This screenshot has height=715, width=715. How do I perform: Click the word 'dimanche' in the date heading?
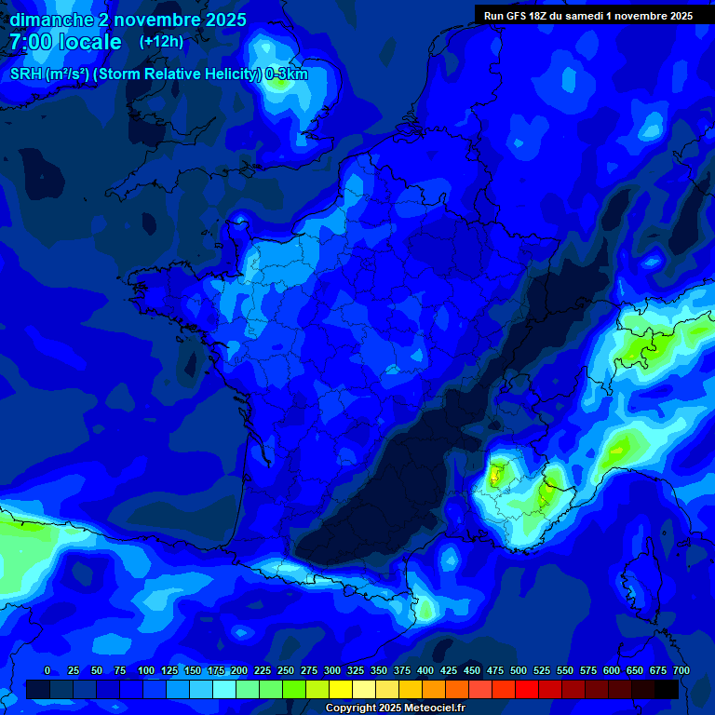51,20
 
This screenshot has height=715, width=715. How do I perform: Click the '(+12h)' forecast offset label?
161,42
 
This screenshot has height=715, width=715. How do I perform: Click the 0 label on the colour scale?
47,670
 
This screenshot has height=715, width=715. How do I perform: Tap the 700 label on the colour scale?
681,670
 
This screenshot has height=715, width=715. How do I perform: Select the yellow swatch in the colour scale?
340,689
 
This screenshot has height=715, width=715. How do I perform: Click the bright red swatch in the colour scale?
526,689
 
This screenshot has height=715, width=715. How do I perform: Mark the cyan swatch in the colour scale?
223,689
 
